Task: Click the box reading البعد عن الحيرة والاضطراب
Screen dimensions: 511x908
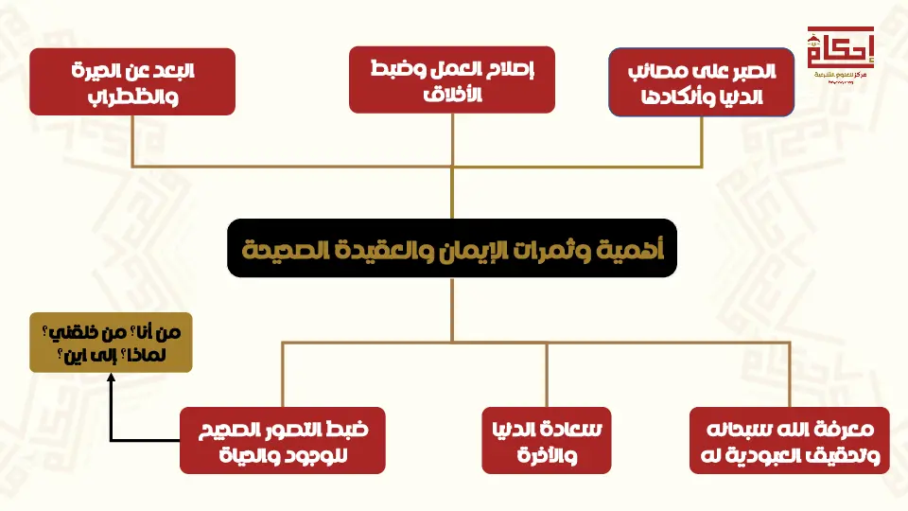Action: coord(132,81)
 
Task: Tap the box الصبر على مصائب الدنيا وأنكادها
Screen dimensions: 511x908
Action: coord(702,83)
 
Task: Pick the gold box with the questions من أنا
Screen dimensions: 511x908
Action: coord(111,342)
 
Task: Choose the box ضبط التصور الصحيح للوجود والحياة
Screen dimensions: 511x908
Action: coord(283,440)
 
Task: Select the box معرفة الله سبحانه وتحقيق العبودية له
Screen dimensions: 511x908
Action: coord(789,440)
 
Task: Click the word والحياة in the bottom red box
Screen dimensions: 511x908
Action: coord(228,454)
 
